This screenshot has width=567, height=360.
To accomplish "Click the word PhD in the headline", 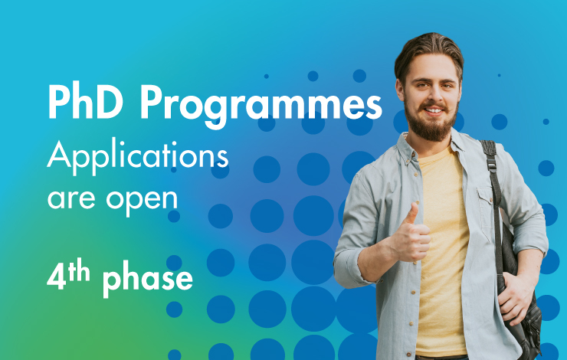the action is click(86, 102).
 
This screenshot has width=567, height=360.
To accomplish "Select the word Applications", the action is click(138, 156).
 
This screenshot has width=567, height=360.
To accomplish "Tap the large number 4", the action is click(57, 278).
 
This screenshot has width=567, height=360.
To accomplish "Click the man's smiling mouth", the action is click(433, 110).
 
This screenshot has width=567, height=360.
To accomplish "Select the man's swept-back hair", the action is click(428, 51).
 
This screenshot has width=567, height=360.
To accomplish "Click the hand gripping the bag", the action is click(516, 296).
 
